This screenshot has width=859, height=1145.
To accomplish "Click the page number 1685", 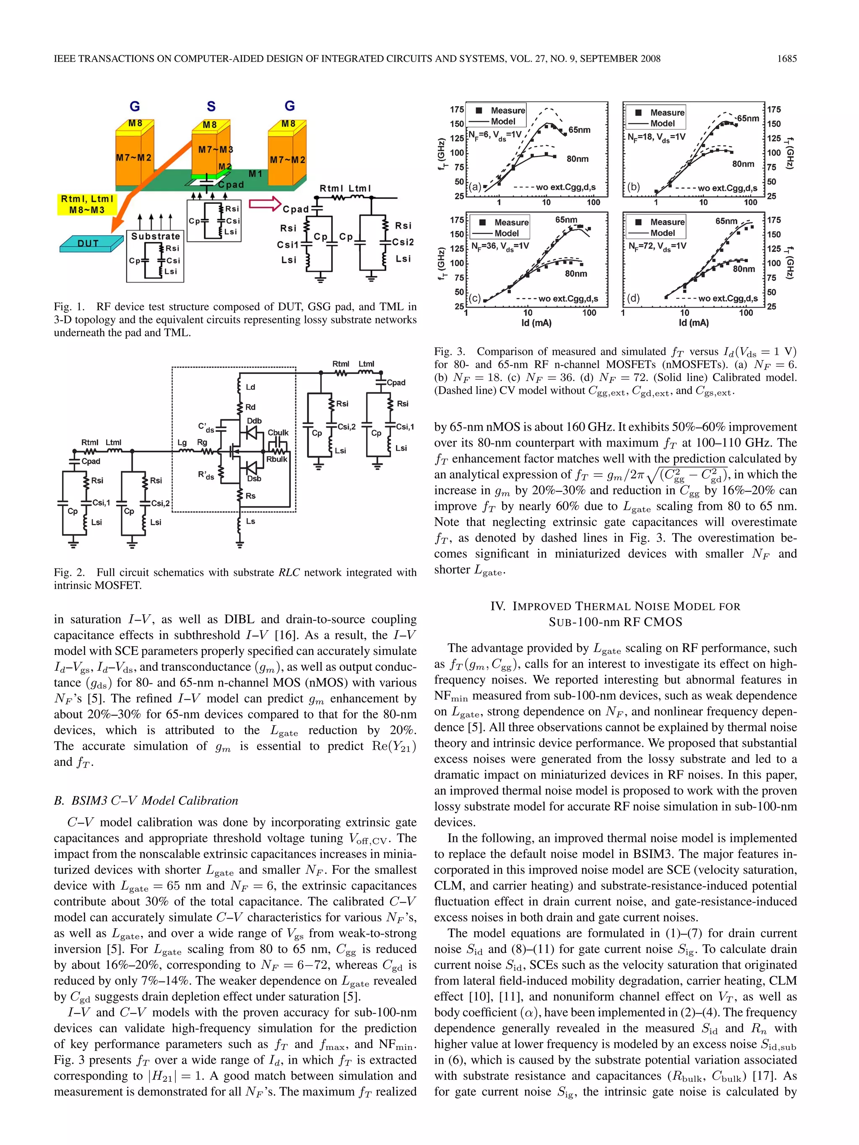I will pyautogui.click(x=786, y=59).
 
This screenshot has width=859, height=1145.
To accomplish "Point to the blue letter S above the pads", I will pyautogui.click(x=211, y=106).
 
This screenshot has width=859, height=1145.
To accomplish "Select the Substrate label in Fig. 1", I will pyautogui.click(x=155, y=236).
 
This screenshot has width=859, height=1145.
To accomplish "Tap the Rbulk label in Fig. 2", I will pyautogui.click(x=276, y=459).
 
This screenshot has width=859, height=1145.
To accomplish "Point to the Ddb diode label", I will pyautogui.click(x=254, y=421).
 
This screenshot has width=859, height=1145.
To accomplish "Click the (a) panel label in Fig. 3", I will pyautogui.click(x=475, y=187).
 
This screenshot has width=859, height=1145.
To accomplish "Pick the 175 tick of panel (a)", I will pyautogui.click(x=457, y=110).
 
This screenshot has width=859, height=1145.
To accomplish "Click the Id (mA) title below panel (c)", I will pyautogui.click(x=536, y=323).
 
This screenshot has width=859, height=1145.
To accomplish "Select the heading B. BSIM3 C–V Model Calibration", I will pyautogui.click(x=146, y=800).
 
